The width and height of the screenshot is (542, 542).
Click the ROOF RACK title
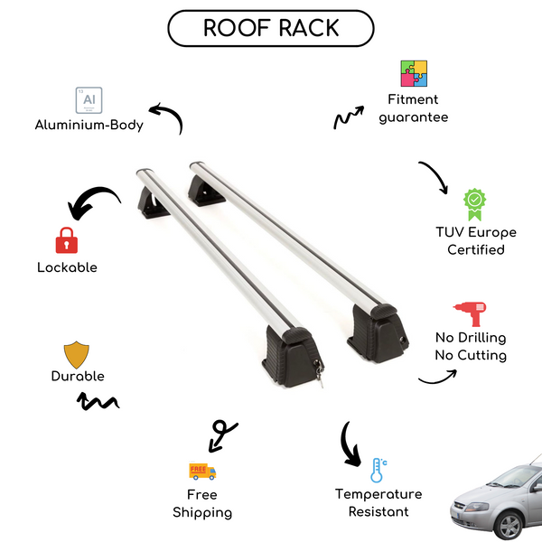270,28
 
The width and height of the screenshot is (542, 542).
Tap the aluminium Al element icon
89,99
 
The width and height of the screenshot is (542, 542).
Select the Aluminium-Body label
89,126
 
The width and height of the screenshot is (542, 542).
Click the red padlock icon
66,239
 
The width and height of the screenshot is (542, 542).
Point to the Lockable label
67,267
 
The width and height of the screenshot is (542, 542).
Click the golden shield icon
77,353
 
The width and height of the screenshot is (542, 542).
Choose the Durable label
77,376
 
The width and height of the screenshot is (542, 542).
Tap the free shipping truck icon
202,471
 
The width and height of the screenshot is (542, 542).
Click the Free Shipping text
202,503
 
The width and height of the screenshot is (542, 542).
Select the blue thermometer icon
378,470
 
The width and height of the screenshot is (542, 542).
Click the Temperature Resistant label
378,503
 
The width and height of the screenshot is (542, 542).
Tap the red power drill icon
470,313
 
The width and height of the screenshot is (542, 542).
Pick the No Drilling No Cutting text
470,347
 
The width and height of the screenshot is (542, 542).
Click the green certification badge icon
475,204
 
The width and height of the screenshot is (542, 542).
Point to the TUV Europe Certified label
475,241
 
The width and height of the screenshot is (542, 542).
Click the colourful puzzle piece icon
414,74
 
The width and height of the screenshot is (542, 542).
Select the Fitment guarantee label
414,108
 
